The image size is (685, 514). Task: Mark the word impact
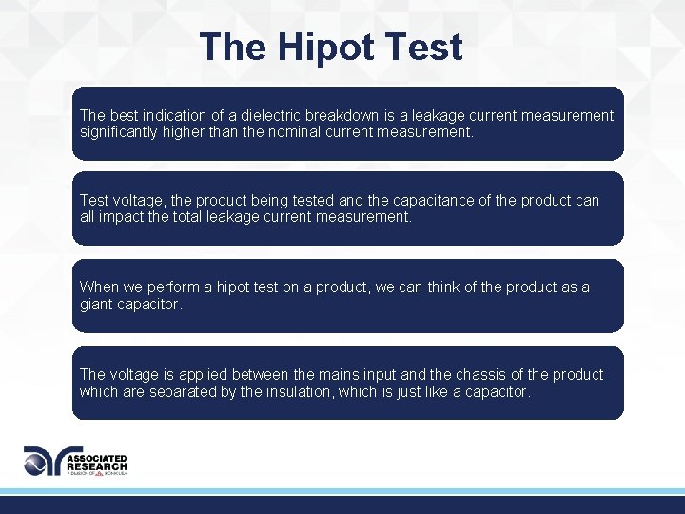point(123,217)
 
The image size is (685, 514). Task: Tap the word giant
point(97,305)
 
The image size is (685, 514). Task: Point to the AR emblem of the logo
point(44,461)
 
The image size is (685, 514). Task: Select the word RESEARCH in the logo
point(96,466)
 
